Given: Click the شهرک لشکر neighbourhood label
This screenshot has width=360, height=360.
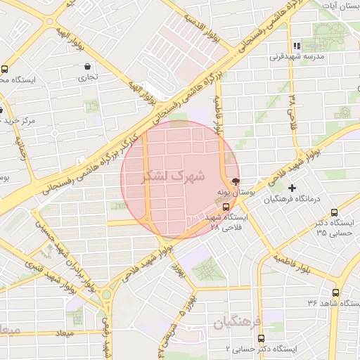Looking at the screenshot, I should [173, 176].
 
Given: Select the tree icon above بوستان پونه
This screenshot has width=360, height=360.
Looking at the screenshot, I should [234, 181].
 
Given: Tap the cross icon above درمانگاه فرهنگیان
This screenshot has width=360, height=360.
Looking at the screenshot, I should [292, 188].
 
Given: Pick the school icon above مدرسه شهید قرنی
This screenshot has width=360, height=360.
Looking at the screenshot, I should [297, 46].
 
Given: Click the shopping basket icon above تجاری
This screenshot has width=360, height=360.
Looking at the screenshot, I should [86, 66].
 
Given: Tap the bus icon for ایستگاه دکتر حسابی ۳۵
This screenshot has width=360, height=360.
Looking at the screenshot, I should [335, 212].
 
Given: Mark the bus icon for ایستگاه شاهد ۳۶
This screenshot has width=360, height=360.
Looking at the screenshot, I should [335, 292].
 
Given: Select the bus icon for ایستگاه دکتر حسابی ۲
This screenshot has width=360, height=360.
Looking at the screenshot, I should [262, 338].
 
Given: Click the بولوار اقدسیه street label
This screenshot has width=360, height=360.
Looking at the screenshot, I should [201, 27].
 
